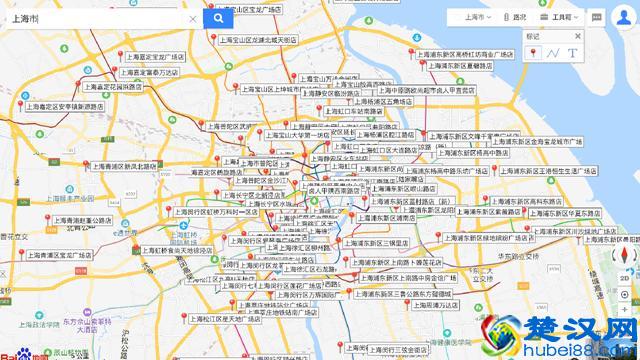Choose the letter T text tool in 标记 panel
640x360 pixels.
point(572,52)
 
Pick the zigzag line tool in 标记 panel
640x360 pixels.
point(553,52)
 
